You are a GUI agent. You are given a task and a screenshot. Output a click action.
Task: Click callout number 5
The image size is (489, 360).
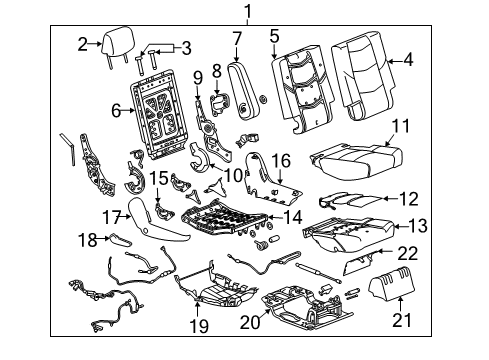(274, 38)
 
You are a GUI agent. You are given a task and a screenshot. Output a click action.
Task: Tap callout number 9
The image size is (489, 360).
(197, 78)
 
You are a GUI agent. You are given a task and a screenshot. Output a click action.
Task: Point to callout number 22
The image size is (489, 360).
(407, 254)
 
